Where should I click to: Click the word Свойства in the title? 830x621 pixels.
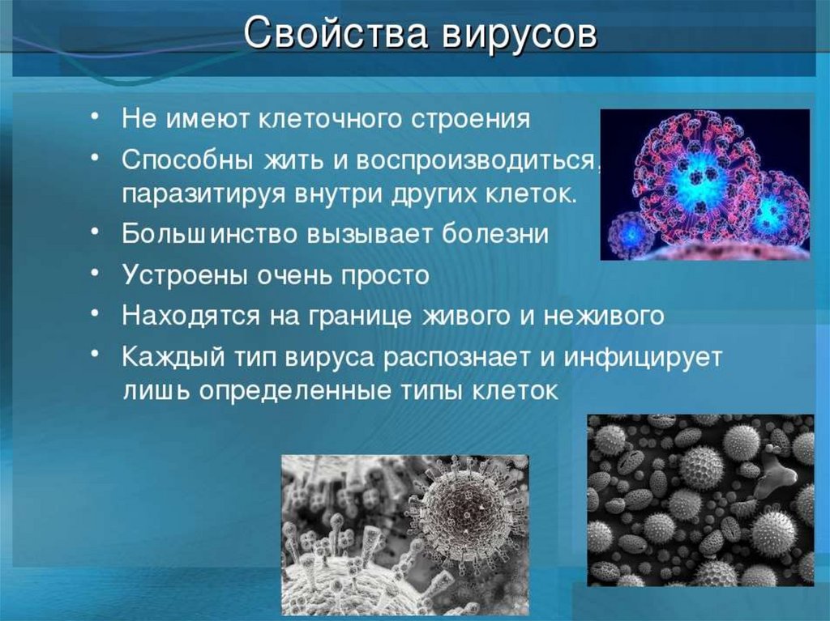pyautogui.click(x=335, y=33)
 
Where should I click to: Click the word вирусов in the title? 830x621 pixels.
pyautogui.click(x=520, y=34)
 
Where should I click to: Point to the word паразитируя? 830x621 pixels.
pyautogui.click(x=203, y=194)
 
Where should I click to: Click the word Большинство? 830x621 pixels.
pyautogui.click(x=210, y=233)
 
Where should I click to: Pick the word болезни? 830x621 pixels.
pyautogui.click(x=495, y=233)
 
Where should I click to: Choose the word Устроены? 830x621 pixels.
pyautogui.click(x=186, y=274)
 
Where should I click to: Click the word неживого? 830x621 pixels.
pyautogui.click(x=604, y=316)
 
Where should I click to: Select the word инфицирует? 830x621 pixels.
pyautogui.click(x=643, y=358)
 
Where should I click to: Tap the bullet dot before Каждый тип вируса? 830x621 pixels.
pyautogui.click(x=94, y=353)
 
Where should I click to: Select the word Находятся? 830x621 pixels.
pyautogui.click(x=190, y=316)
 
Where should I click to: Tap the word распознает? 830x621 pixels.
pyautogui.click(x=456, y=358)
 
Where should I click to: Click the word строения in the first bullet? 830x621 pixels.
pyautogui.click(x=471, y=119)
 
